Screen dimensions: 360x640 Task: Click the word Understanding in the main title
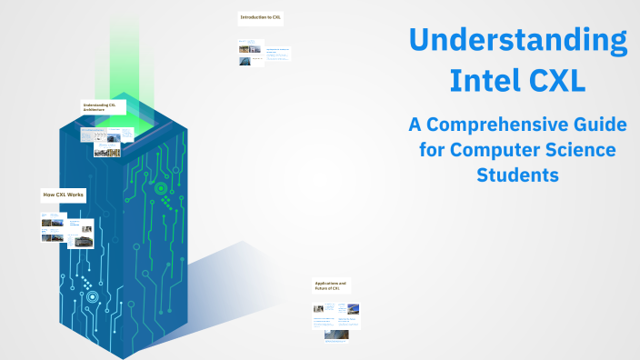coord(516,42)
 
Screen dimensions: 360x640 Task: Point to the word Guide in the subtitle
coord(596,124)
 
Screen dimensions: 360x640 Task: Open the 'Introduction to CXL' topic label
coord(260,17)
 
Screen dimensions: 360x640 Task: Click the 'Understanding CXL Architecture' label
coord(100,107)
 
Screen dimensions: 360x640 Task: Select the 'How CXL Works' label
coord(63,195)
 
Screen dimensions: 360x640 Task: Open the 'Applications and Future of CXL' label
coord(331,285)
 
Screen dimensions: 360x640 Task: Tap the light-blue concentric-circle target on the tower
coord(90,296)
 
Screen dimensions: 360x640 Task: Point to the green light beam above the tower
coord(124,50)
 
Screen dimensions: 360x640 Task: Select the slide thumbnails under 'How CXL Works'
coord(67,230)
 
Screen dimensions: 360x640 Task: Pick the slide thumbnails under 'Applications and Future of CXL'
coord(336,322)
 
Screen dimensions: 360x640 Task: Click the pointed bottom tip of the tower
coord(119,355)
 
